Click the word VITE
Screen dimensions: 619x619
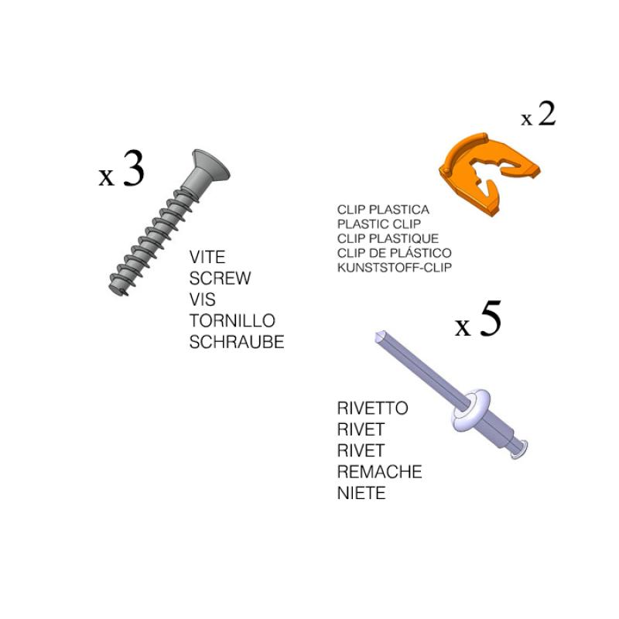tap(207, 257)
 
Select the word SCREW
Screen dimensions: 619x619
tap(220, 279)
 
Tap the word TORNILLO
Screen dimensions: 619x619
tap(232, 320)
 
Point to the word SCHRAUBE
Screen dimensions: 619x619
tap(237, 342)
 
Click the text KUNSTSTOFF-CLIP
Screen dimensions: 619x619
tap(395, 267)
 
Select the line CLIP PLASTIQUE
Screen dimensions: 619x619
tap(388, 238)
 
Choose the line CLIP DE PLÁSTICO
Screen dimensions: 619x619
tap(395, 253)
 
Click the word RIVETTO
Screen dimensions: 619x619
tap(373, 409)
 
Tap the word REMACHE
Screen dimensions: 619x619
tap(380, 472)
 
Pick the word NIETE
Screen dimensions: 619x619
tap(361, 493)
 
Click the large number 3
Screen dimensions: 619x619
tap(133, 169)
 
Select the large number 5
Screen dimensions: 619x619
tap(491, 319)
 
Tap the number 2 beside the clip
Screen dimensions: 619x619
tap(547, 114)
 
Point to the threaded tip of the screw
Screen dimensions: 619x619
tap(118, 287)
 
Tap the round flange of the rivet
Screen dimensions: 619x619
tap(472, 411)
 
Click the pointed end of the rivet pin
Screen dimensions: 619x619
tap(379, 336)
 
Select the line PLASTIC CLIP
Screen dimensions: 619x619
tap(379, 224)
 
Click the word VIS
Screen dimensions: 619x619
tap(203, 299)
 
